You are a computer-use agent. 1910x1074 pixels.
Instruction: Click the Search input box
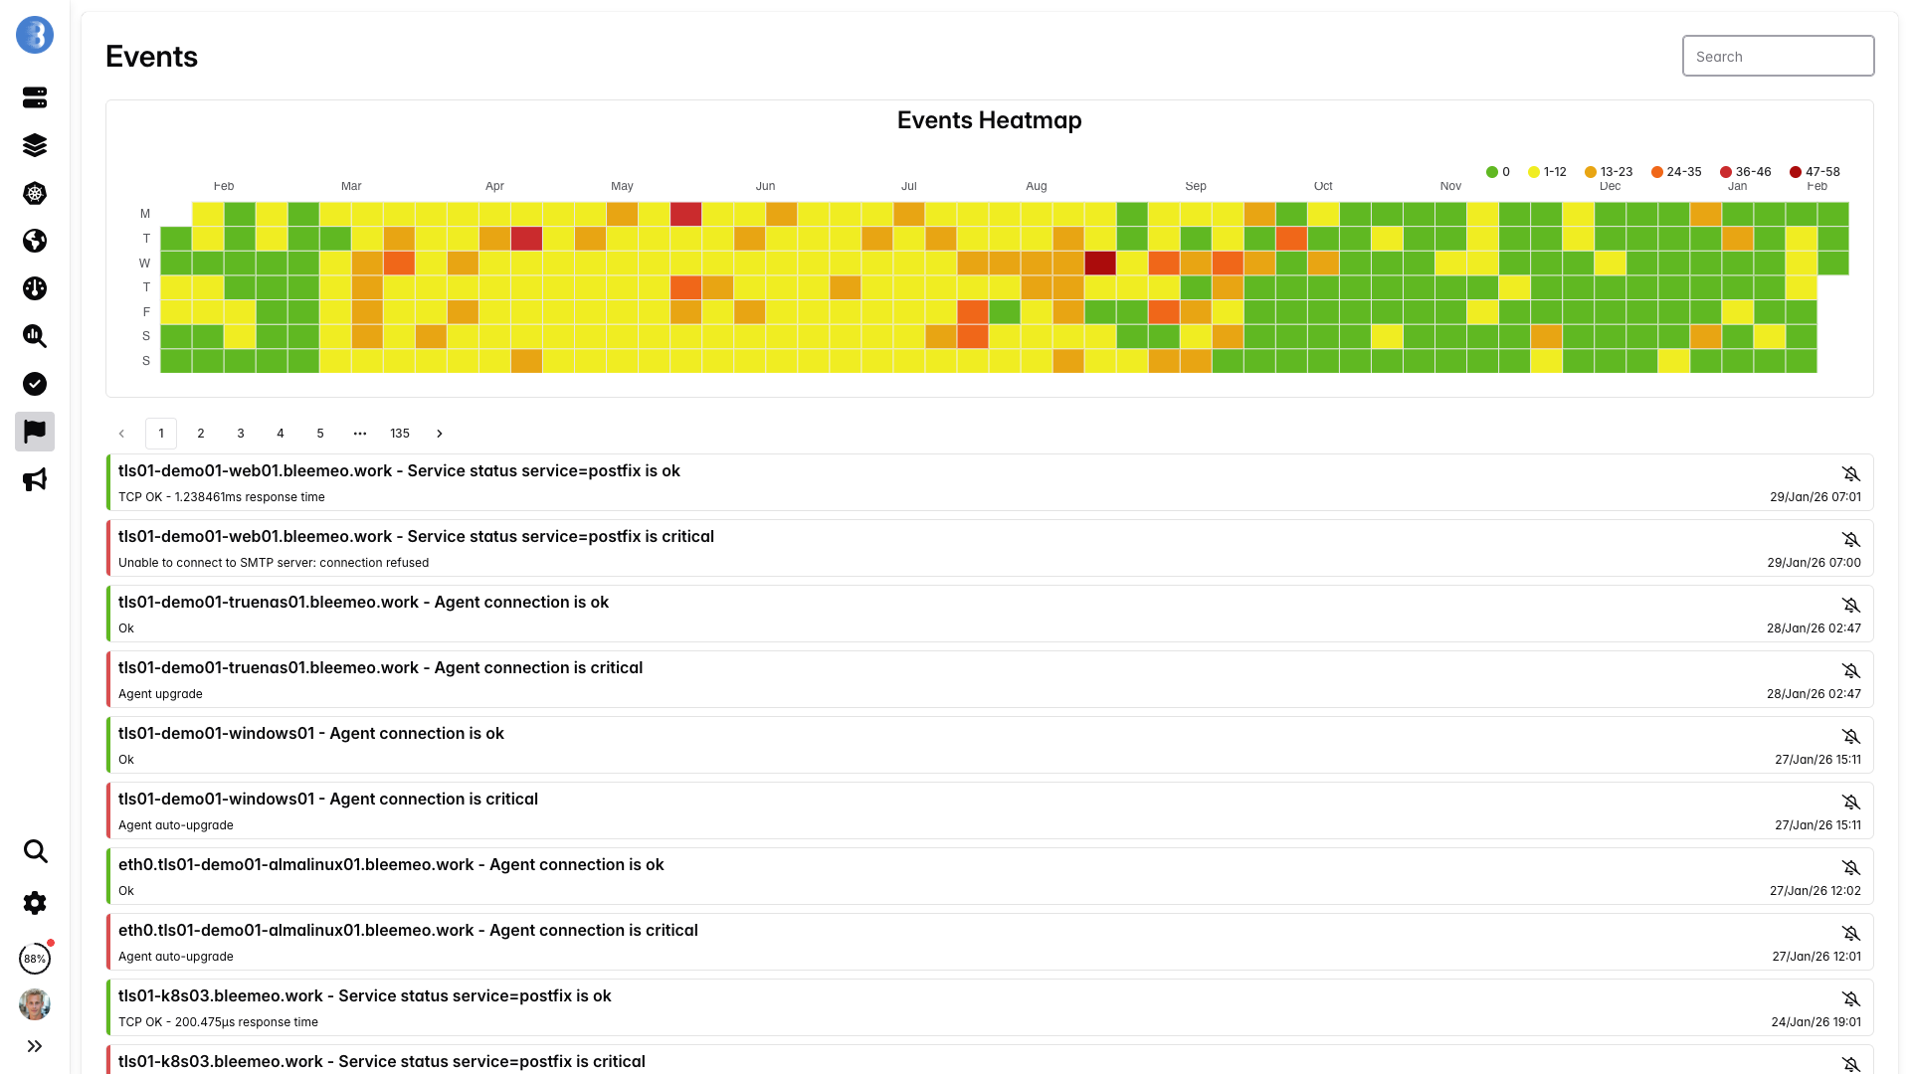click(x=1778, y=57)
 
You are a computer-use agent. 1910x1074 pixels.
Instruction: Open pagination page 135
click(x=400, y=434)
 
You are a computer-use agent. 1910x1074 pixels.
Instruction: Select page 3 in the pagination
click(x=241, y=434)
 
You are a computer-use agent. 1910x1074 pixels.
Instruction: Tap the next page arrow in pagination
click(x=440, y=434)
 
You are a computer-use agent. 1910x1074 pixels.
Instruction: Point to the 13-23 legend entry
click(x=1609, y=172)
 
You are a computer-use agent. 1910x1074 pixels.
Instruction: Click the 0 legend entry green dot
click(x=1492, y=172)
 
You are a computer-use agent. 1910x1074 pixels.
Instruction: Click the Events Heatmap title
click(x=989, y=120)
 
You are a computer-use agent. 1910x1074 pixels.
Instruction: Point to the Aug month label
click(x=1037, y=186)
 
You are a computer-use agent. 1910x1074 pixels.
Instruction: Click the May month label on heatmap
click(x=622, y=186)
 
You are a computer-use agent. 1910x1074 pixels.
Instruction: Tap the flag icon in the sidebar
click(x=35, y=432)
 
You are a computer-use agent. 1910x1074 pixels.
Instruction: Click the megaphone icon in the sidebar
click(x=35, y=479)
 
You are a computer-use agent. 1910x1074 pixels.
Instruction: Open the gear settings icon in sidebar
click(x=35, y=903)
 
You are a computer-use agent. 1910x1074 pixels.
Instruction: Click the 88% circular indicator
click(x=35, y=959)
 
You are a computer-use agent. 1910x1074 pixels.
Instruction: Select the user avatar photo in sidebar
click(x=35, y=1004)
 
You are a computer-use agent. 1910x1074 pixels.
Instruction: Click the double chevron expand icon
click(x=35, y=1046)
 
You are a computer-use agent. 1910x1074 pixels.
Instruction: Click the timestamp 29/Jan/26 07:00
click(x=1814, y=563)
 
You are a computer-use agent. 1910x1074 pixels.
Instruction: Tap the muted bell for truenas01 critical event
click(x=1850, y=671)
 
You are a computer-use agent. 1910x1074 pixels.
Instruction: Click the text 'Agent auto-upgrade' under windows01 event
click(x=176, y=825)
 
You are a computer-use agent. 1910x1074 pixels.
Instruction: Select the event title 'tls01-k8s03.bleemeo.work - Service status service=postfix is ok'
click(x=364, y=996)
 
